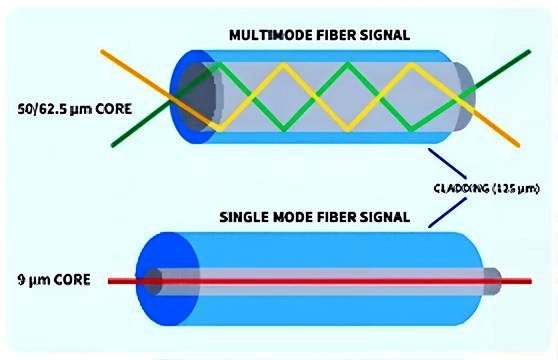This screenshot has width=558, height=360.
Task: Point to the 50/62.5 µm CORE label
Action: point(75,108)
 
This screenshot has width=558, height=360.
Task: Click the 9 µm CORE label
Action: point(54,280)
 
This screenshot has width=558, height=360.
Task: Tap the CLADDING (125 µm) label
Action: point(486,188)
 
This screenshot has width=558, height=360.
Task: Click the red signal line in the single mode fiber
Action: point(320,281)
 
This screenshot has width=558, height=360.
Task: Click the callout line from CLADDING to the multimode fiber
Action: point(447,163)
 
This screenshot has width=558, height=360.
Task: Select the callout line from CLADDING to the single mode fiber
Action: point(447,212)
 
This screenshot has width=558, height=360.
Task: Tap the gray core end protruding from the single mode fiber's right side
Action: point(493,281)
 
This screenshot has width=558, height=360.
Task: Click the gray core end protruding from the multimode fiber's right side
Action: point(464,96)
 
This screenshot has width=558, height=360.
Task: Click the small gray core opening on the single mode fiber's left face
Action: point(153,281)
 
